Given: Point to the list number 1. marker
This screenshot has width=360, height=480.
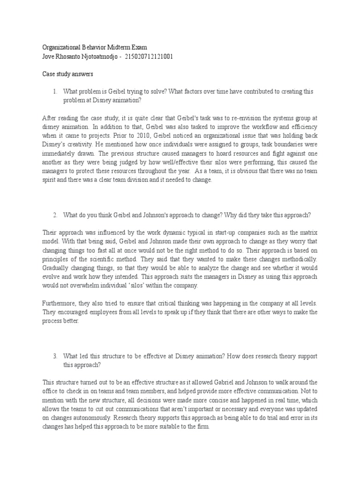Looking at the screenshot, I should coord(55,91).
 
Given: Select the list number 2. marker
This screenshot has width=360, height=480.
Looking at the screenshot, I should coord(55,215).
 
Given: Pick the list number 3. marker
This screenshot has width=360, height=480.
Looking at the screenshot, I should coord(55,356).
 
